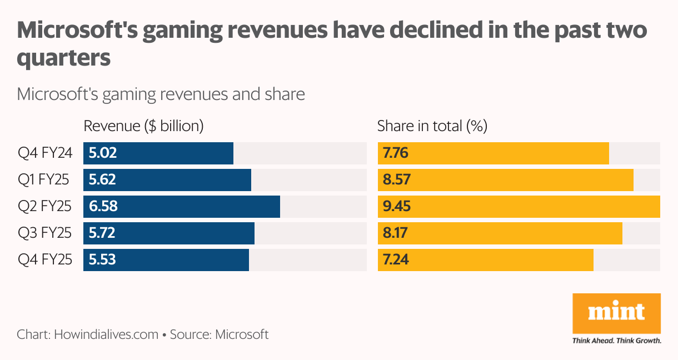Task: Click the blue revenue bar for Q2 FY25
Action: click(182, 207)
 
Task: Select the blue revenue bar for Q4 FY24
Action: click(158, 153)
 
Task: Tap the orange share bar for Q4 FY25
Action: click(485, 260)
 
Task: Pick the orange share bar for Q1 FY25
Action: click(505, 180)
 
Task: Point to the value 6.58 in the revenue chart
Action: click(103, 207)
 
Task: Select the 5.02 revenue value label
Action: click(103, 153)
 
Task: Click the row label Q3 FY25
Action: click(45, 233)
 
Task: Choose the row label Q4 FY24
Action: click(45, 153)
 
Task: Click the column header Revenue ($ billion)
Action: click(143, 126)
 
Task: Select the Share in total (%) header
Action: click(432, 126)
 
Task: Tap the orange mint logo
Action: click(616, 312)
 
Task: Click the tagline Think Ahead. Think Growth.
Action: click(616, 340)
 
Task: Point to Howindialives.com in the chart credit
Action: click(106, 334)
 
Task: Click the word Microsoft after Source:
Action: click(242, 334)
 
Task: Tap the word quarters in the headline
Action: click(64, 58)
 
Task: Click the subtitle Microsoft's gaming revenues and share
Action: click(161, 94)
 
